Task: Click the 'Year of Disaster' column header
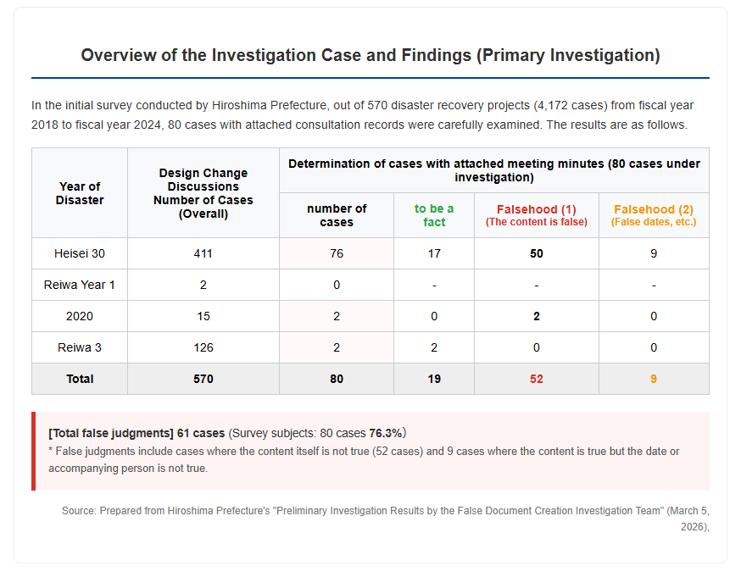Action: tap(80, 193)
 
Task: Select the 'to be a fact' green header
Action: tap(434, 215)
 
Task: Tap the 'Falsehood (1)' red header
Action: tap(537, 209)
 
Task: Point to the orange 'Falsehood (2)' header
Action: tap(654, 209)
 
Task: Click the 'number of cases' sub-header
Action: tap(337, 215)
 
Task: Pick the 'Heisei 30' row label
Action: tap(80, 253)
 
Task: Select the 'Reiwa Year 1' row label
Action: tap(80, 285)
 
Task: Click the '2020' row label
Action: tap(80, 316)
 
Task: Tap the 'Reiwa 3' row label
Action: tap(80, 347)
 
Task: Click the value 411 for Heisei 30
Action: tap(203, 253)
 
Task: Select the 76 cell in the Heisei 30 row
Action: tap(337, 253)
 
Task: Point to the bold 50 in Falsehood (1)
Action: tap(537, 253)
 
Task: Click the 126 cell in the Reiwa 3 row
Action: tap(203, 347)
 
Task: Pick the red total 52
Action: tap(537, 379)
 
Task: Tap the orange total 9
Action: tap(654, 379)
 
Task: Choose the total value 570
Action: tap(203, 379)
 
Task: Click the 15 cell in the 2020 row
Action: tap(203, 316)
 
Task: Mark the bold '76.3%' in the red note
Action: tap(385, 433)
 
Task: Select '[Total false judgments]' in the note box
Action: tap(111, 433)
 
